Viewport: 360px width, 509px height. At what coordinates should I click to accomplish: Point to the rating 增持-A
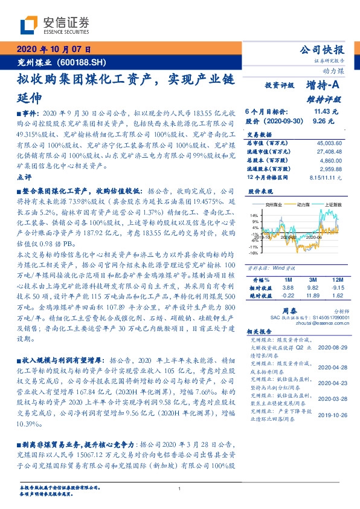(x=321, y=86)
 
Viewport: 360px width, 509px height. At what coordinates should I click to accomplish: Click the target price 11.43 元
(x=326, y=112)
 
